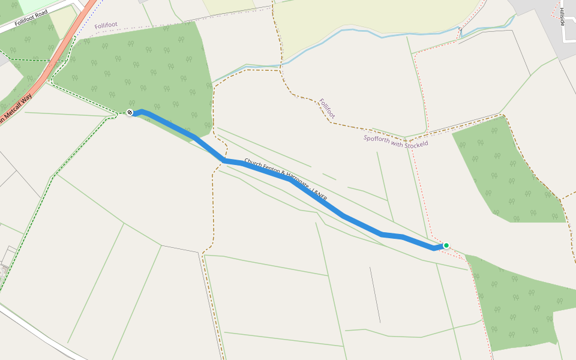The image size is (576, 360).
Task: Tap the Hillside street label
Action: point(562,17)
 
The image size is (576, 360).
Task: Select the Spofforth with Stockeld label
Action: point(395,141)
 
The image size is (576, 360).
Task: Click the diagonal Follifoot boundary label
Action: point(328,109)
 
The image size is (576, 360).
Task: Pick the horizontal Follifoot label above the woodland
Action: point(106,26)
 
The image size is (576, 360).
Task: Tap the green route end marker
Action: point(446,245)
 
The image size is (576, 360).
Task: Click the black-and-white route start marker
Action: point(130,112)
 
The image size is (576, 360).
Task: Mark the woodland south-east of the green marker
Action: point(516,306)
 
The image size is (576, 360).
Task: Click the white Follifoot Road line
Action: point(36,16)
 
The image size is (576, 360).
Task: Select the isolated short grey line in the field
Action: point(375,294)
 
